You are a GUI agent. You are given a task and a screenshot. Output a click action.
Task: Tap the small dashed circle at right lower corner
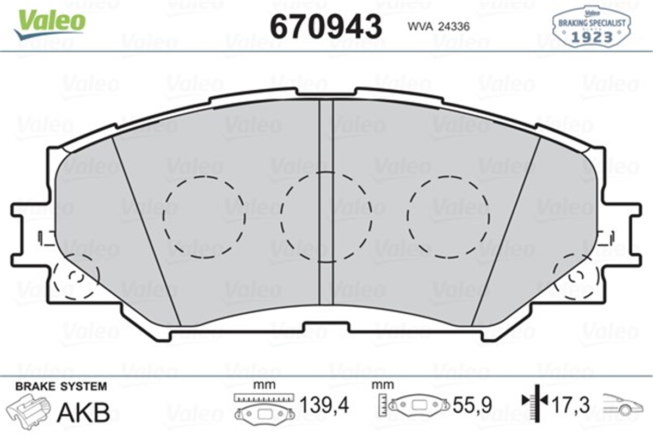pyautogui.click(x=574, y=277)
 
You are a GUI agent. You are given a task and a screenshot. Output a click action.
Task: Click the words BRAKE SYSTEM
pyautogui.click(x=61, y=387)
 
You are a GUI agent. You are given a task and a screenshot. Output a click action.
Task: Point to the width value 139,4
pyautogui.click(x=324, y=405)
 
